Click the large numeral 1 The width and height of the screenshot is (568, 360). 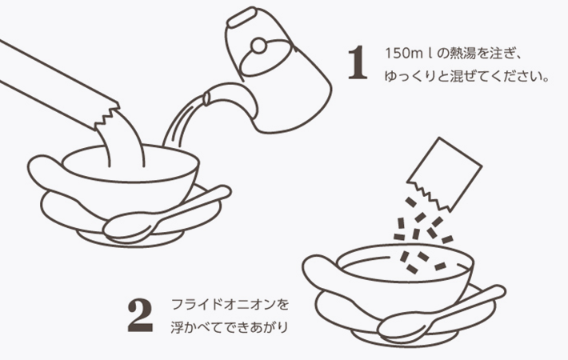pos(358,62)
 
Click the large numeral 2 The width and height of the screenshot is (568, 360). pos(140,315)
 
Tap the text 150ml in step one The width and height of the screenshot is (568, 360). pos(409,54)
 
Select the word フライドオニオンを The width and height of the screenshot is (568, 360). pos(230,304)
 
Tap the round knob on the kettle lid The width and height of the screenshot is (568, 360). pos(258,46)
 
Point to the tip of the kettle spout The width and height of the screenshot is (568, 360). pos(206,98)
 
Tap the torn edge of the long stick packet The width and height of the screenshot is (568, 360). pos(107,116)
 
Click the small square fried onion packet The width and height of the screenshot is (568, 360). pos(445,174)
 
